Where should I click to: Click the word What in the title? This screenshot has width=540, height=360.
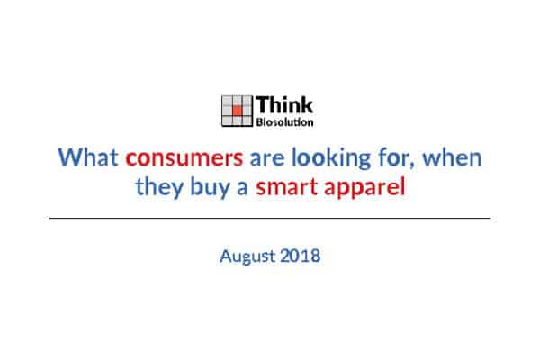(x=88, y=157)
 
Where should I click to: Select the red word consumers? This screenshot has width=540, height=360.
(x=184, y=158)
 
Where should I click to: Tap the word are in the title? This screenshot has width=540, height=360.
(x=267, y=159)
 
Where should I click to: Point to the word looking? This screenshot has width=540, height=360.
(x=331, y=158)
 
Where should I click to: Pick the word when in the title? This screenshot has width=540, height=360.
(x=452, y=157)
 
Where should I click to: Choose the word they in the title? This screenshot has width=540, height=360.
(x=159, y=188)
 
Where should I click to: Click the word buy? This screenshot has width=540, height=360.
(x=210, y=188)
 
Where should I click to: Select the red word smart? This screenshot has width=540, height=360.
(x=286, y=188)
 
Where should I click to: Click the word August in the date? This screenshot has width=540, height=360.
(x=247, y=256)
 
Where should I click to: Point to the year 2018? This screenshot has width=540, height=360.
(x=301, y=256)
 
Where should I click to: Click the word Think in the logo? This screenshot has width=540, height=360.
(x=284, y=104)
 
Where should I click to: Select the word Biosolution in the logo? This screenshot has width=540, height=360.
(x=284, y=122)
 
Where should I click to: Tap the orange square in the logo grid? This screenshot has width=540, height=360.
(x=237, y=110)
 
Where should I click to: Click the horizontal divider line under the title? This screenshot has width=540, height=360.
(x=270, y=218)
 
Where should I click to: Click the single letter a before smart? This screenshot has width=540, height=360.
(x=242, y=189)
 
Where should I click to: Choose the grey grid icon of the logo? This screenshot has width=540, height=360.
(x=237, y=111)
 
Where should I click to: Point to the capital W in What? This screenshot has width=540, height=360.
(x=70, y=157)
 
